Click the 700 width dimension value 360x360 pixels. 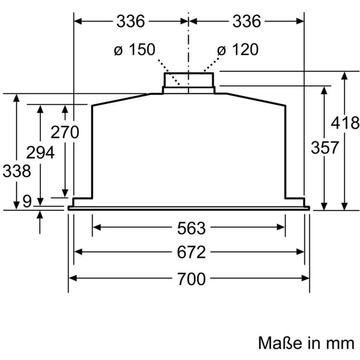[x=191, y=279]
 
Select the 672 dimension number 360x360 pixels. [x=191, y=252]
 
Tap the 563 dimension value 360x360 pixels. [x=191, y=228]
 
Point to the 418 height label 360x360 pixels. [x=345, y=123]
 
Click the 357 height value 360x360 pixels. [x=325, y=147]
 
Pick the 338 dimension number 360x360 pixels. [x=16, y=171]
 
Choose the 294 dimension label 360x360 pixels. [x=40, y=153]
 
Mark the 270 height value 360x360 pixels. [x=65, y=132]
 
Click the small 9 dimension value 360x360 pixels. [x=27, y=201]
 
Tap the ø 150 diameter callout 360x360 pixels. [x=135, y=50]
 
